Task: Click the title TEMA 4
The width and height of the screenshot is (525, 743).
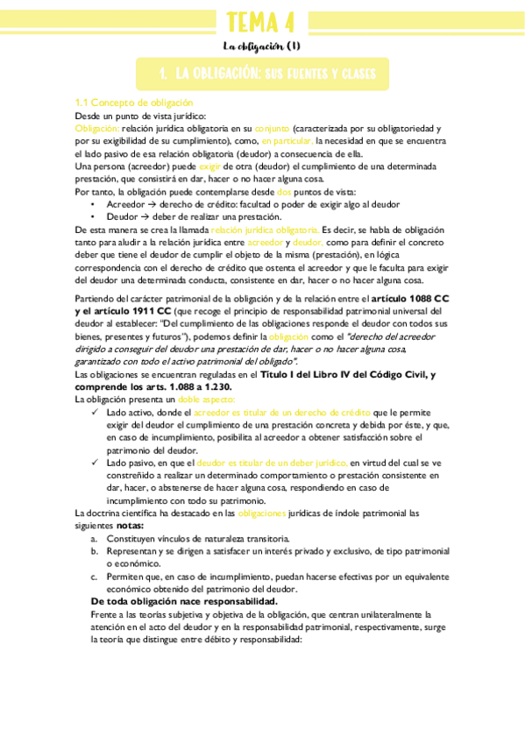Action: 261,21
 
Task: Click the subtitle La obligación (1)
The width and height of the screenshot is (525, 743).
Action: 261,46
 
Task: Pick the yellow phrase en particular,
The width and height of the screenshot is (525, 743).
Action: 286,140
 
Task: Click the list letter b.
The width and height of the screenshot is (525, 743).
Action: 94,552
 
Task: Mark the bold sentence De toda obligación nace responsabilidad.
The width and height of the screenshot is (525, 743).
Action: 185,602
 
